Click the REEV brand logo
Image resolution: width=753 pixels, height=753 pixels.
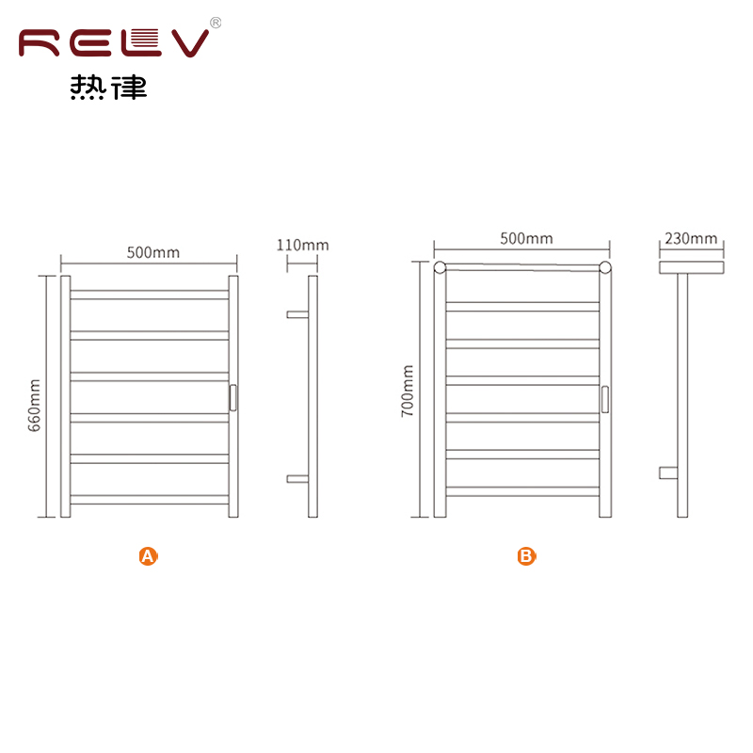pyautogui.click(x=114, y=43)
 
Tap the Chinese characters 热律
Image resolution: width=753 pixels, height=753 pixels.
pyautogui.click(x=108, y=88)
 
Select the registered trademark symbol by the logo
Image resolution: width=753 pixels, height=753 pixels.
pyautogui.click(x=216, y=23)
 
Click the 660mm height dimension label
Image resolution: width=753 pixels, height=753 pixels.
pyautogui.click(x=35, y=406)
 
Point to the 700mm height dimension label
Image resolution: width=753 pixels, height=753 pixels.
pyautogui.click(x=408, y=391)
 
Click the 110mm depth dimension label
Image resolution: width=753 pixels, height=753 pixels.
pyautogui.click(x=302, y=245)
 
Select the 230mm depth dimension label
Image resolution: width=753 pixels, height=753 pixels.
pyautogui.click(x=691, y=238)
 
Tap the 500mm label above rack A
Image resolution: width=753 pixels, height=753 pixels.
pyautogui.click(x=153, y=252)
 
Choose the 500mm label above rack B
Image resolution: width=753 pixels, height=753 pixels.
pyautogui.click(x=526, y=238)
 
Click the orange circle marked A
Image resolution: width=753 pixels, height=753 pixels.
pyautogui.click(x=148, y=556)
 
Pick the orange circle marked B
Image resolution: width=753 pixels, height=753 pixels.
pyautogui.click(x=526, y=556)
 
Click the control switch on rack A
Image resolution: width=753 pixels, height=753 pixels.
pyautogui.click(x=232, y=397)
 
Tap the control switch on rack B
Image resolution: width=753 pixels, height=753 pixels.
pyautogui.click(x=605, y=399)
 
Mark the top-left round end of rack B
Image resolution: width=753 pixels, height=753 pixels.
pyautogui.click(x=440, y=267)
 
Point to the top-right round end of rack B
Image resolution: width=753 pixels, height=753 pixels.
pyautogui.click(x=605, y=267)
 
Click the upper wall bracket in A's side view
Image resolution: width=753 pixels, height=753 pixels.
pyautogui.click(x=297, y=314)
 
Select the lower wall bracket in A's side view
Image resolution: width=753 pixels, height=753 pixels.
pyautogui.click(x=297, y=479)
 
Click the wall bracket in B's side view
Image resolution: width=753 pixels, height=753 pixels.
pyautogui.click(x=668, y=473)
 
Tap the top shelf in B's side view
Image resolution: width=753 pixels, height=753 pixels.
pyautogui.click(x=692, y=267)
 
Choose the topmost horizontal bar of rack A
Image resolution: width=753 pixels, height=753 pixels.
pyautogui.click(x=150, y=295)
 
